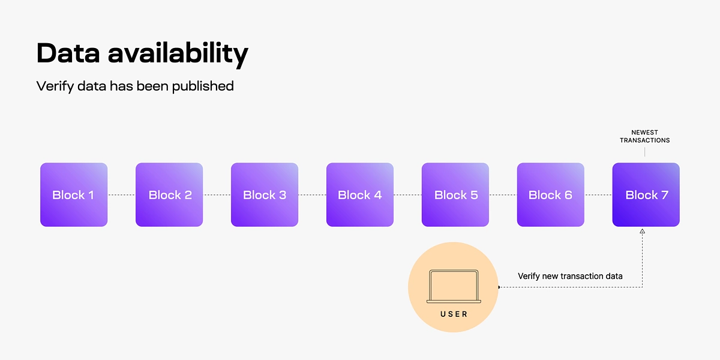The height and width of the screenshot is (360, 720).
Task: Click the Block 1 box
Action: [74, 194]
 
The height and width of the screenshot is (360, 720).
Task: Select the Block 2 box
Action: [169, 194]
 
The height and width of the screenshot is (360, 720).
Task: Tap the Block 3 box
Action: [265, 194]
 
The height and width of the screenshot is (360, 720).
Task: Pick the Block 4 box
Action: [360, 194]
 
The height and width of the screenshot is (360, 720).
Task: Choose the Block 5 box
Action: [455, 194]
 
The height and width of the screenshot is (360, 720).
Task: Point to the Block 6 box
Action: [550, 194]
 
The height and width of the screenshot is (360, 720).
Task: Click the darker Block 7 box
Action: [646, 194]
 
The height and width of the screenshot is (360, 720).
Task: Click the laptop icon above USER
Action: [453, 286]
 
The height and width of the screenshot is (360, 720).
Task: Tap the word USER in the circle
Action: [454, 314]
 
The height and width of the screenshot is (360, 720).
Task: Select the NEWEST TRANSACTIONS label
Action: [644, 136]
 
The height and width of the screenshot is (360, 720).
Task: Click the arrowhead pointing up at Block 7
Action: [643, 231]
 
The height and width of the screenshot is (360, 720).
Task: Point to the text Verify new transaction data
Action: [570, 276]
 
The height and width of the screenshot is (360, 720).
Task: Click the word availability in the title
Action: [178, 54]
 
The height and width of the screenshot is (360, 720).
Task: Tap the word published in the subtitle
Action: [202, 86]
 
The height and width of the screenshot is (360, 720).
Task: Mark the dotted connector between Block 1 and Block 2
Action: [121, 194]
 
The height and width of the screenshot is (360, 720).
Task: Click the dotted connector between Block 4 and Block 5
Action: [407, 194]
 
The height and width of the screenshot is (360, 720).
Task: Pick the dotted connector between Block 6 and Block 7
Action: [598, 194]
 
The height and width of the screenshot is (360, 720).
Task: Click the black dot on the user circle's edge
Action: [499, 287]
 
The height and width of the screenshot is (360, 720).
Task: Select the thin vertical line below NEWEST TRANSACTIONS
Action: [645, 151]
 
